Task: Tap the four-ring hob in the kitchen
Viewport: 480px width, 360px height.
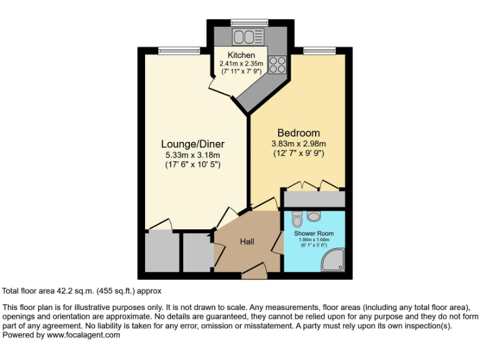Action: click(277, 64)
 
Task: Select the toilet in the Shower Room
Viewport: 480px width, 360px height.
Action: click(297, 219)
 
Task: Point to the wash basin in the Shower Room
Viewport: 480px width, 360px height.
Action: click(314, 216)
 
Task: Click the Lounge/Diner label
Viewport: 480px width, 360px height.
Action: click(192, 144)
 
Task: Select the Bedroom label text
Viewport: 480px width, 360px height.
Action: click(298, 133)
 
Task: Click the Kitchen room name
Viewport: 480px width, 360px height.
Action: click(241, 55)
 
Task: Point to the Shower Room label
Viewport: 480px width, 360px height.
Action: click(314, 233)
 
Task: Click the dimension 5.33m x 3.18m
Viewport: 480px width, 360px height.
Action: click(192, 155)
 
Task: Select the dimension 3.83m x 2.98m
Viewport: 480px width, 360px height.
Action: click(298, 143)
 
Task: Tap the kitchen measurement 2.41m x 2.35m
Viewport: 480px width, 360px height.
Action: click(241, 63)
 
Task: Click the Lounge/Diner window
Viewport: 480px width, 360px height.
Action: click(169, 51)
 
